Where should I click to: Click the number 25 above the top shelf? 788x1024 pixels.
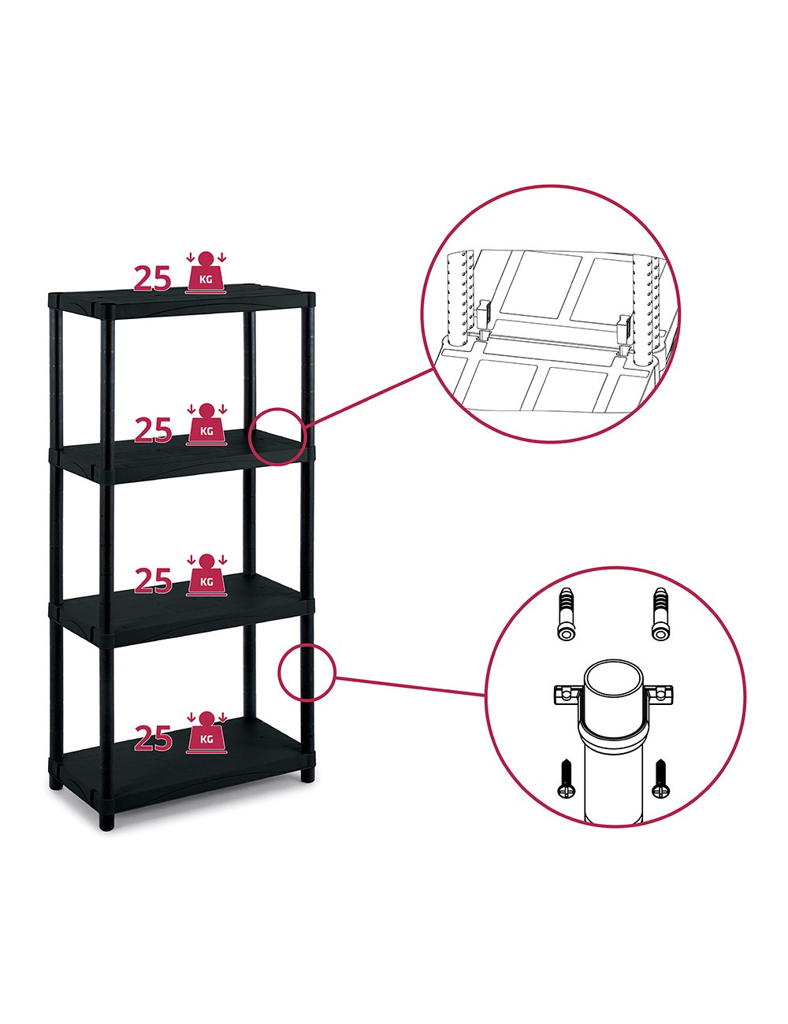(153, 278)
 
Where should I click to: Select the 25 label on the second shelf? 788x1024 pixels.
(153, 430)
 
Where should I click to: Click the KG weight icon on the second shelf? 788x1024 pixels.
(206, 424)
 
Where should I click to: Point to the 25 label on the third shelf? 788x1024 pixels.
(153, 581)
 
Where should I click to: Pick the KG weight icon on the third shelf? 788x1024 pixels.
(206, 575)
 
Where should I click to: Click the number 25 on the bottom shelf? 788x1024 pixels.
(153, 738)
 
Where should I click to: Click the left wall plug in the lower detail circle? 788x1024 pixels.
(565, 614)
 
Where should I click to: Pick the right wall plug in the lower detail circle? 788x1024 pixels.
(661, 614)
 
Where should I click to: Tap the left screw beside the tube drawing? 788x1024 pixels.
(565, 779)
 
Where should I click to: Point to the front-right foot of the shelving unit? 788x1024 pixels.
(307, 776)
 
